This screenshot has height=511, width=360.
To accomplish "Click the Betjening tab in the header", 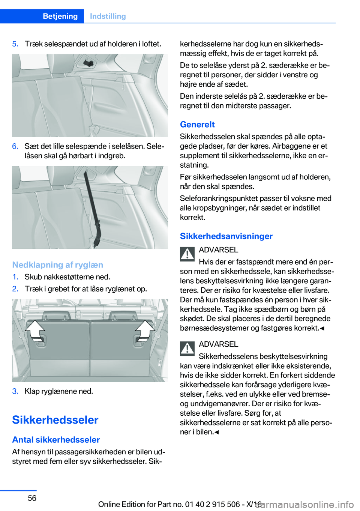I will tap(60, 16).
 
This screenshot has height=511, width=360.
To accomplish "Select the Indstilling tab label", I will tap(108, 16).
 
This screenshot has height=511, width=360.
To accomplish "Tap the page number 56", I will tap(32, 498).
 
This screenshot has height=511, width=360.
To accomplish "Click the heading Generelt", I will tap(197, 125).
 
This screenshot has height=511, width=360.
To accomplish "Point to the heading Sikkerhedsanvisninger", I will tap(226, 236).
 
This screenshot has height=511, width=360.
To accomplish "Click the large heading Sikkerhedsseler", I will tap(55, 420).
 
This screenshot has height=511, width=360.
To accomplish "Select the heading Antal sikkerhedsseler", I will tap(56, 440).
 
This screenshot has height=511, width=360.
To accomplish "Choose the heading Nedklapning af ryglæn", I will tap(57, 265).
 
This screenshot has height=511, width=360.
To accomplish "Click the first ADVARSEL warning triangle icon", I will tap(187, 254).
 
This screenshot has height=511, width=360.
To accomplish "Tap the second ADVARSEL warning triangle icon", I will tap(187, 349).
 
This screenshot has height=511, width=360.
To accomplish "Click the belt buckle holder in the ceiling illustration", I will tap(88, 63).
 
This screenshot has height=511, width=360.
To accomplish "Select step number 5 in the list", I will tap(15, 44).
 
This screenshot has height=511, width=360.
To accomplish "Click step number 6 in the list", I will tap(15, 146).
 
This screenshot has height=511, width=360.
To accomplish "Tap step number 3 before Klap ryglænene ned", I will tap(15, 391).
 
